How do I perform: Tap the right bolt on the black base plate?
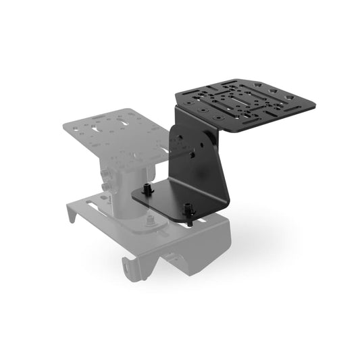click(x=191, y=211)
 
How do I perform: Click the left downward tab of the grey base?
click(x=72, y=216)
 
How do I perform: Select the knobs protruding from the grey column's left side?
click(x=105, y=180)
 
